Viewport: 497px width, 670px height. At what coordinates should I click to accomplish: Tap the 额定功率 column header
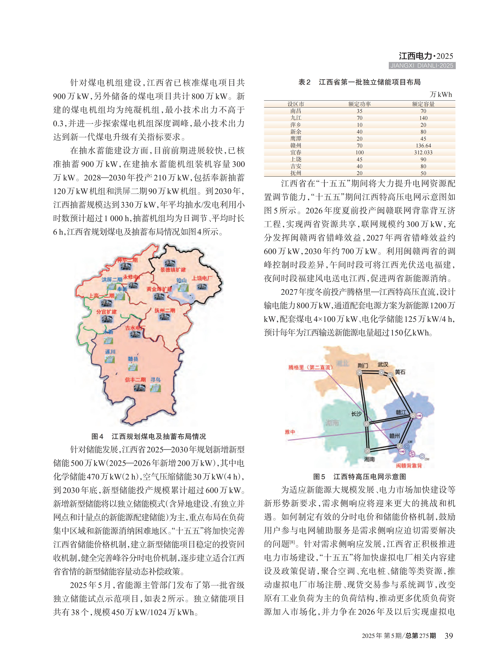click(x=360, y=104)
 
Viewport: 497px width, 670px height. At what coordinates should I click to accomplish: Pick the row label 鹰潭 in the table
click(x=296, y=139)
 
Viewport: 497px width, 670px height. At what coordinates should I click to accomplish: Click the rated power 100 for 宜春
click(x=360, y=153)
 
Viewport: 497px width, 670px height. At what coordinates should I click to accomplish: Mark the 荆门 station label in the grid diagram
click(x=363, y=365)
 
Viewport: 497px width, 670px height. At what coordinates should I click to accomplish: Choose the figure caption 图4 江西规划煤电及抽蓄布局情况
click(x=149, y=436)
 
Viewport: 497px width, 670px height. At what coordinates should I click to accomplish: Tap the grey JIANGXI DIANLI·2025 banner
click(x=422, y=66)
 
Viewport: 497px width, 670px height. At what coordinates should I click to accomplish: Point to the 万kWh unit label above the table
click(x=441, y=95)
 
